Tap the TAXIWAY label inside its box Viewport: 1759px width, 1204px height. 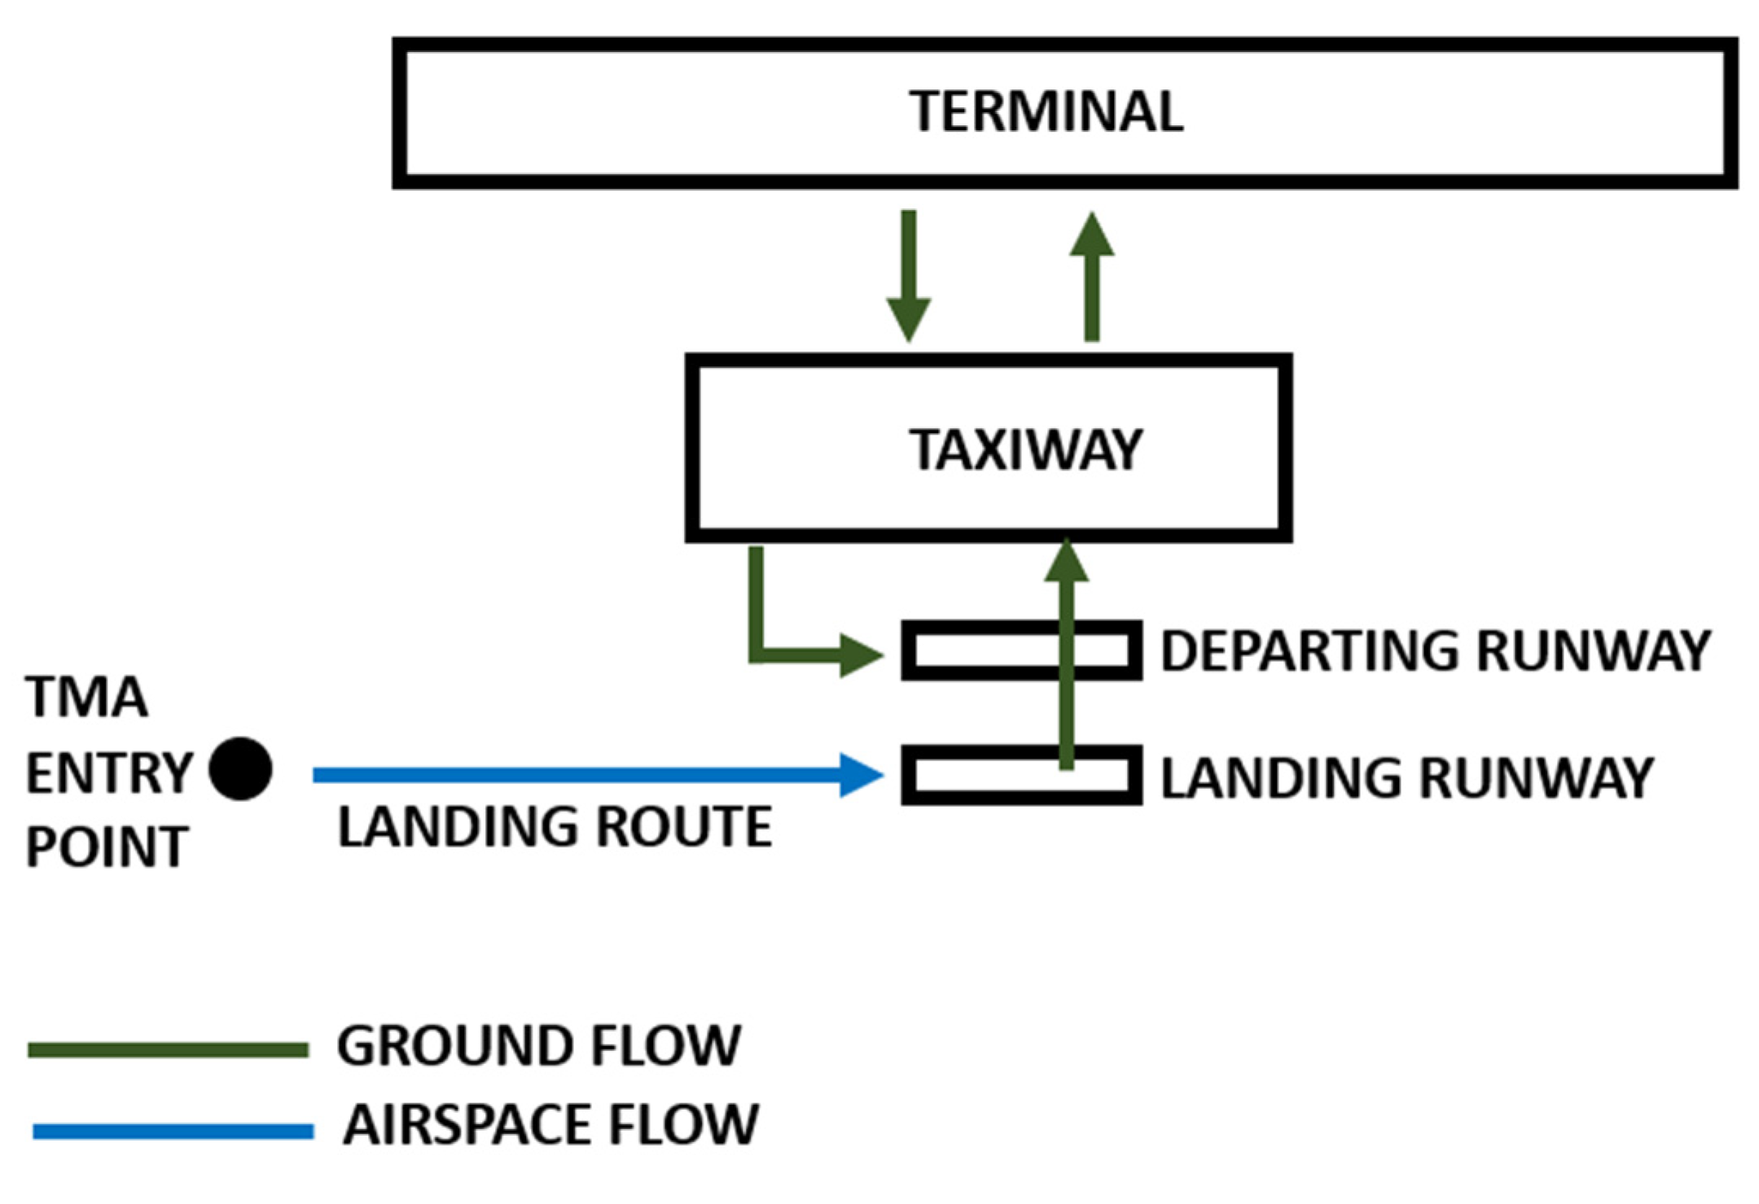[x=1025, y=450]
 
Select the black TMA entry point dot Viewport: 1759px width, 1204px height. [x=240, y=769]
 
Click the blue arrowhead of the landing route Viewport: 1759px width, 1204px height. [x=862, y=775]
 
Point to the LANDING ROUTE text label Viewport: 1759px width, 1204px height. [x=555, y=827]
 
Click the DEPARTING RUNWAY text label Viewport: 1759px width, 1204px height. [x=1435, y=651]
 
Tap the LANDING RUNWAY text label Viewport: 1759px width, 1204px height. [x=1406, y=778]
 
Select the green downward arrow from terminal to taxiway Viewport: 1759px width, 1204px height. [x=909, y=277]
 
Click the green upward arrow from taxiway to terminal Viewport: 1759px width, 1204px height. [x=1092, y=277]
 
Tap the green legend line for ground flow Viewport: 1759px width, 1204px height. [x=168, y=1050]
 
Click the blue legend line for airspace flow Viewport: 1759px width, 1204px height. [x=173, y=1132]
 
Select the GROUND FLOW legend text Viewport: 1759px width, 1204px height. [x=538, y=1046]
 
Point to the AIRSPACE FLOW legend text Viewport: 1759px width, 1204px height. [x=551, y=1125]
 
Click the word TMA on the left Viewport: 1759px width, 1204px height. [x=86, y=698]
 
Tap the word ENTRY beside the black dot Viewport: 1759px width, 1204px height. [x=109, y=773]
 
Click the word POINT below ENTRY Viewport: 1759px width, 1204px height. [x=107, y=847]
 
